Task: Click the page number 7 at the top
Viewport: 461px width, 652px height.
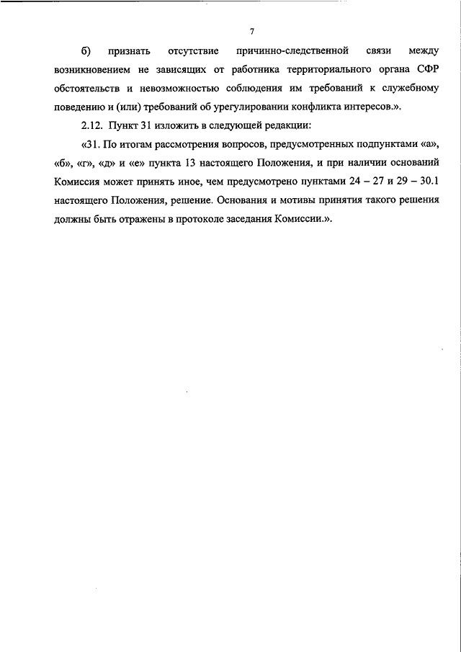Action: pyautogui.click(x=252, y=31)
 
